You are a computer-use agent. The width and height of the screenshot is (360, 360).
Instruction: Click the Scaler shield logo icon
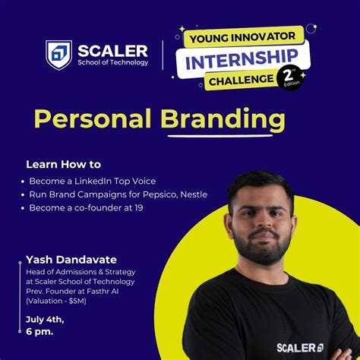pos(58,55)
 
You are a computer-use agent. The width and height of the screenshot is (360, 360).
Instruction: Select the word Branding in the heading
pos(222,120)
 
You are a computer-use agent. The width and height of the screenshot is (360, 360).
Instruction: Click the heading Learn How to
pos(63,164)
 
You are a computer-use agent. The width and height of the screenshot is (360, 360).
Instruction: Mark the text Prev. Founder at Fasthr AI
pos(74,290)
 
